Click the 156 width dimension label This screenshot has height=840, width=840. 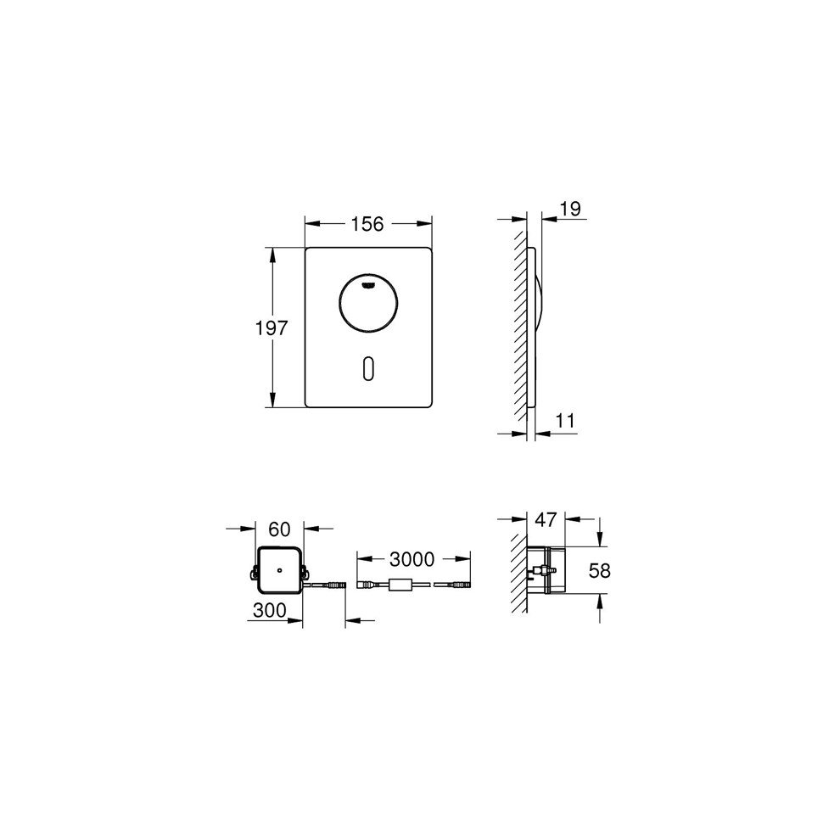pos(367,224)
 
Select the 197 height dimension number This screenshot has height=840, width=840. pos(271,328)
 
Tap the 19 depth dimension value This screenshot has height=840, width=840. pos(571,209)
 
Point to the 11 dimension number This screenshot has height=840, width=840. pos(565,421)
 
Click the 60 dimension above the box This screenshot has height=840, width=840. pos(279,529)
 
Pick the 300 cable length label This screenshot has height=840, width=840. pos(270,610)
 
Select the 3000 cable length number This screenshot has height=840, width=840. pos(412,559)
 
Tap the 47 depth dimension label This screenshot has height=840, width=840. pos(546,519)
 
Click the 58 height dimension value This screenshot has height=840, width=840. pos(600,570)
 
